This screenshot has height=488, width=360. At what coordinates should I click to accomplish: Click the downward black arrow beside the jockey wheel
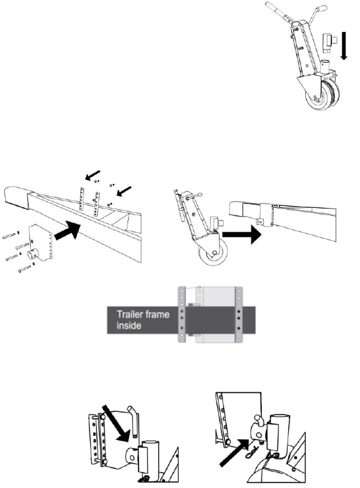344,45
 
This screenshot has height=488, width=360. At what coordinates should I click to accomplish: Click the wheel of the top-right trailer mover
323,94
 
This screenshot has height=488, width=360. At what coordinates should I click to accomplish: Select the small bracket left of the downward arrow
330,43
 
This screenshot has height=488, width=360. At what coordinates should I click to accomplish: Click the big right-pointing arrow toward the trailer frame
242,235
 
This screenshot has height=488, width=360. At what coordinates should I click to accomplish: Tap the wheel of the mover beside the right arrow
214,252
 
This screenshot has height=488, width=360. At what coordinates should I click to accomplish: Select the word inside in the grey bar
129,326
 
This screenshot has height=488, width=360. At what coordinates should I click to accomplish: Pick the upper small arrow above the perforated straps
93,175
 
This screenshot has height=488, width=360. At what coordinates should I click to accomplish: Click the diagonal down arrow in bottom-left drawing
116,423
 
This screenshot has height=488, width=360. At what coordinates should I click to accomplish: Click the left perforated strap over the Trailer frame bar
182,315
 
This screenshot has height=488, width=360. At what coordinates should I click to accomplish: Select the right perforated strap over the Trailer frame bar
239,315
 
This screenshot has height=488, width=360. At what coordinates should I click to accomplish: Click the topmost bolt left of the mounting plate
10,235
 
